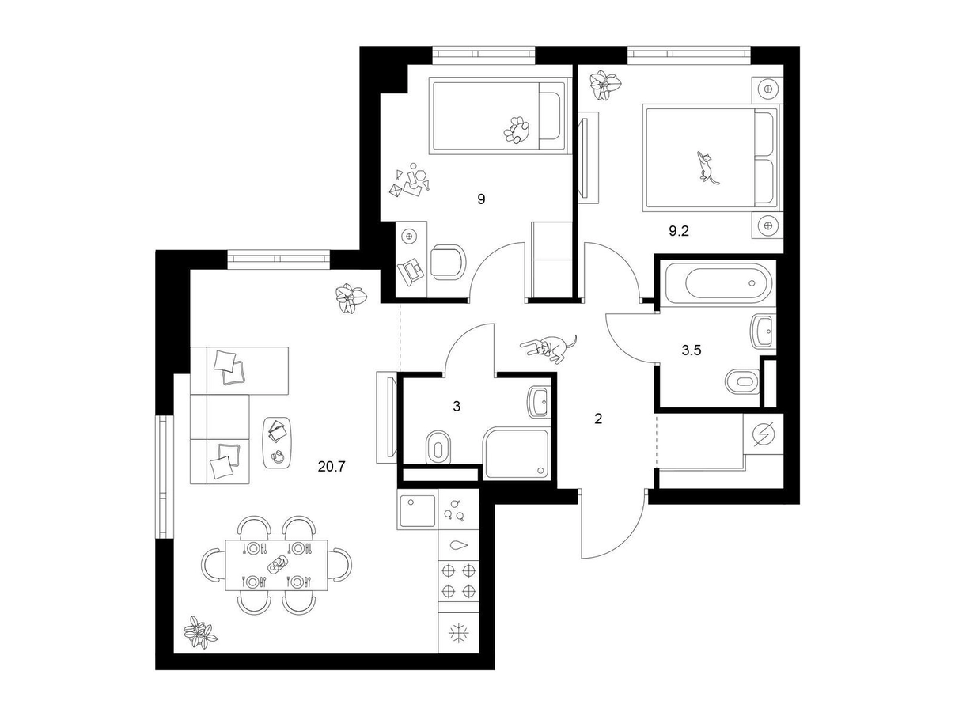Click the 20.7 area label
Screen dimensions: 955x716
tap(331, 467)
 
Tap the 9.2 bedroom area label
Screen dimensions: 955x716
tap(678, 232)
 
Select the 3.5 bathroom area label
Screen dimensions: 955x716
tap(691, 350)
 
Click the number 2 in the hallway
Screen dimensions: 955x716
tap(598, 419)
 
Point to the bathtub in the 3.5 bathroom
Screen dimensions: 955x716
tap(728, 282)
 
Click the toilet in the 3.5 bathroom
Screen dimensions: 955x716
tap(743, 382)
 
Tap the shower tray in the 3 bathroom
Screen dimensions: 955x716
tap(517, 453)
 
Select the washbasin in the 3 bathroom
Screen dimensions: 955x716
tap(540, 403)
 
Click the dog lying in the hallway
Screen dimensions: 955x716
tap(549, 348)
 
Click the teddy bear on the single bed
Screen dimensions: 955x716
tap(517, 130)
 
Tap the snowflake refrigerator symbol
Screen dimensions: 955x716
tap(459, 633)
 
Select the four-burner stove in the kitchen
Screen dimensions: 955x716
tap(458, 580)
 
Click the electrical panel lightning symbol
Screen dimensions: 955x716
tap(764, 434)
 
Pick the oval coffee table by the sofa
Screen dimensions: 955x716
tap(277, 443)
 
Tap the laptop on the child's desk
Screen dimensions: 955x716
tap(411, 272)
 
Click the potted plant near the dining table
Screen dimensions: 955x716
tap(199, 632)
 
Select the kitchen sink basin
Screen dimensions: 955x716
tap(416, 510)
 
